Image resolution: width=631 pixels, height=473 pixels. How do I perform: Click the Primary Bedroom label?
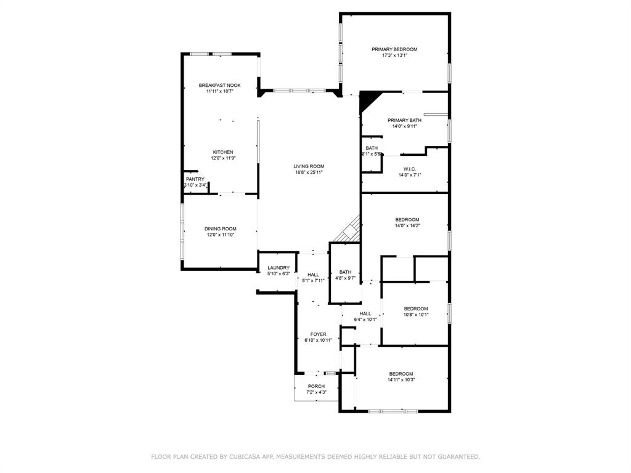(394, 49)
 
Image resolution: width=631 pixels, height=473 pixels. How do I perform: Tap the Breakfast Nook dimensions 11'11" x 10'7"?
(220, 91)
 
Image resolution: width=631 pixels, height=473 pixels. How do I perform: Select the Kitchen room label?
(223, 152)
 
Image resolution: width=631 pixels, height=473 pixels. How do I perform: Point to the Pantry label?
(195, 179)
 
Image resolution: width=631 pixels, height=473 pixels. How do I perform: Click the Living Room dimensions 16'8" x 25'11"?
(309, 172)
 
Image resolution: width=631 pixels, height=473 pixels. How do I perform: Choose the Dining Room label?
(221, 229)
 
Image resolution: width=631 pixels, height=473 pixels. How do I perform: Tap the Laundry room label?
(279, 268)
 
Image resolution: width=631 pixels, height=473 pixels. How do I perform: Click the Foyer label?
(319, 334)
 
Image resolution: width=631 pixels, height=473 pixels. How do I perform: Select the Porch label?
(316, 387)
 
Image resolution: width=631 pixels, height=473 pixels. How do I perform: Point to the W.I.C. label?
(410, 169)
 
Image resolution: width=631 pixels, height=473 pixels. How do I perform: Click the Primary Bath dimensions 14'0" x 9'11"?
(404, 126)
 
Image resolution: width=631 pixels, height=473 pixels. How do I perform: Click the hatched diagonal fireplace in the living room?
(349, 230)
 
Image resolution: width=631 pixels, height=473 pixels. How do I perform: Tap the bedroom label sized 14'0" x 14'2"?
(407, 220)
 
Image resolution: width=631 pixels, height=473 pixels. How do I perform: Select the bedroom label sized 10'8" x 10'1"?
(416, 309)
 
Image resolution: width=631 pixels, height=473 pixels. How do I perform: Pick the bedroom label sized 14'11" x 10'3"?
(401, 374)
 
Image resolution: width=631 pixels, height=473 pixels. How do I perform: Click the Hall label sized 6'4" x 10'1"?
(365, 313)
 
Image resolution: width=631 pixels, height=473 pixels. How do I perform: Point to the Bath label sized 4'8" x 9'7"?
(345, 272)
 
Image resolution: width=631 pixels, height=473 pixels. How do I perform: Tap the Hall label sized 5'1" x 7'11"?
(313, 275)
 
